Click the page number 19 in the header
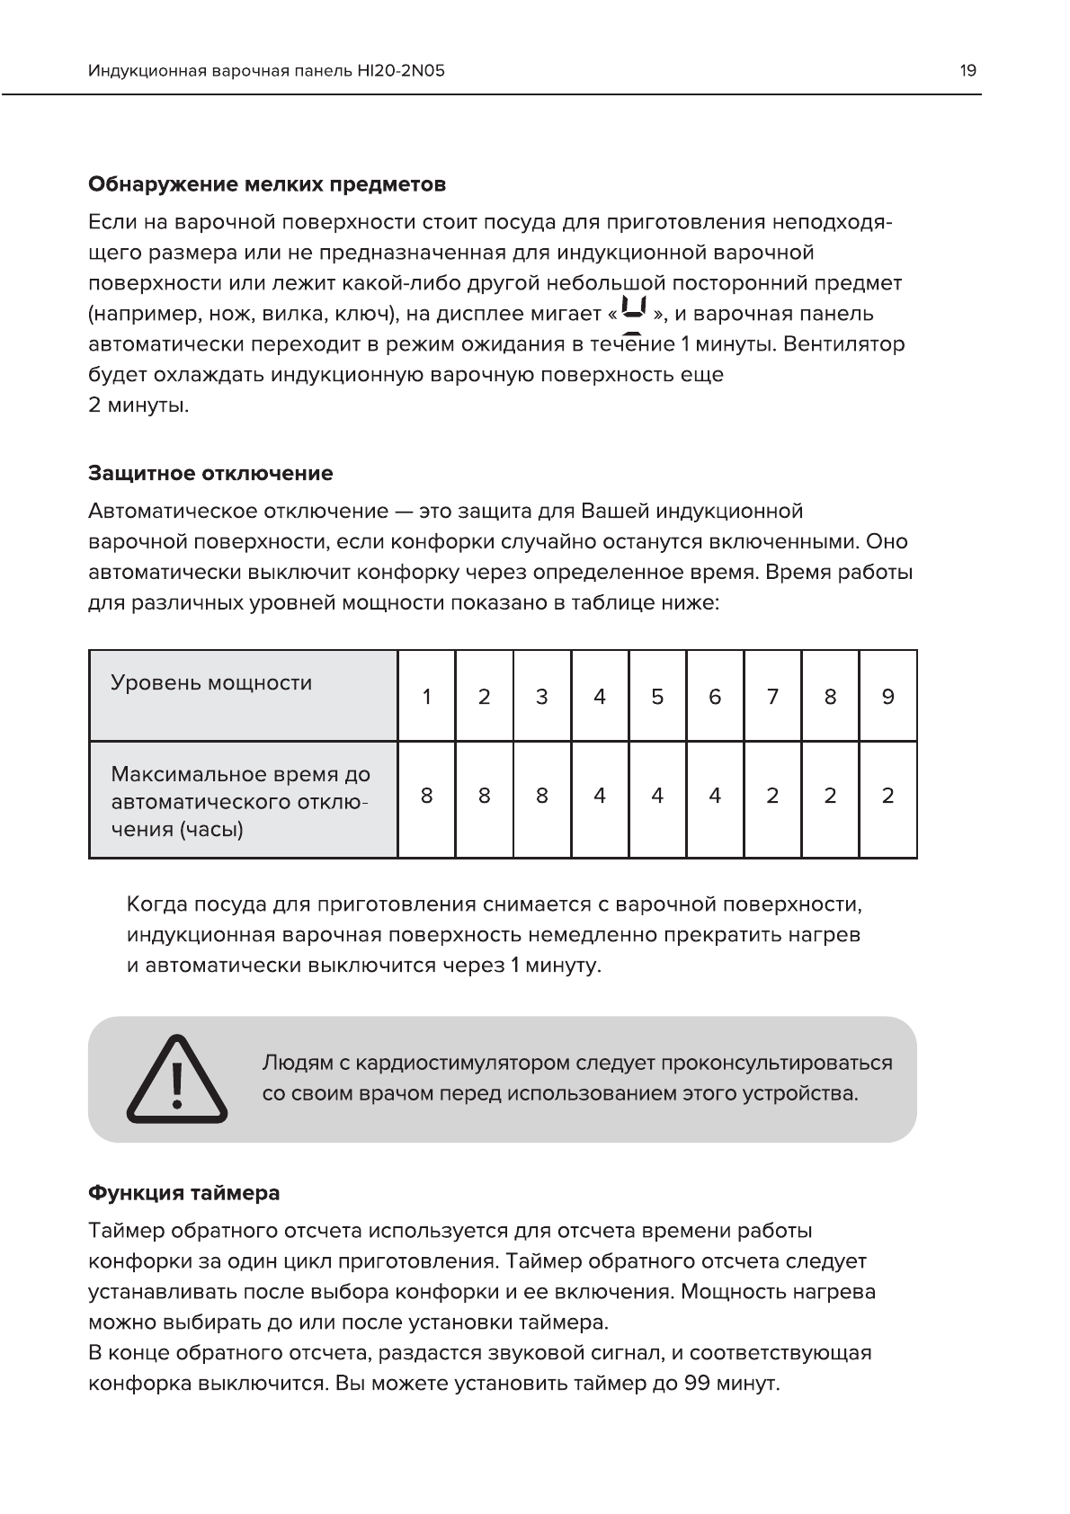[967, 71]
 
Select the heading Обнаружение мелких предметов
[266, 185]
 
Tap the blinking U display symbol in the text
[636, 311]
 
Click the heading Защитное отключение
[210, 474]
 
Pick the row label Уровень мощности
[211, 683]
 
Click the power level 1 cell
[426, 697]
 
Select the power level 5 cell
[657, 697]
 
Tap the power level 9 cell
[887, 697]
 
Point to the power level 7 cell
[772, 697]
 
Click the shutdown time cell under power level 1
[426, 796]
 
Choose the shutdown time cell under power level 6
[715, 796]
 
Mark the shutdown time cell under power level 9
[887, 796]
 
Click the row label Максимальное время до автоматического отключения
[240, 801]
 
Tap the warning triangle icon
[176, 1079]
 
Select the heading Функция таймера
[183, 1194]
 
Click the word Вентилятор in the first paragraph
[844, 344]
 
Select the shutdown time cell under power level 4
[600, 796]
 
